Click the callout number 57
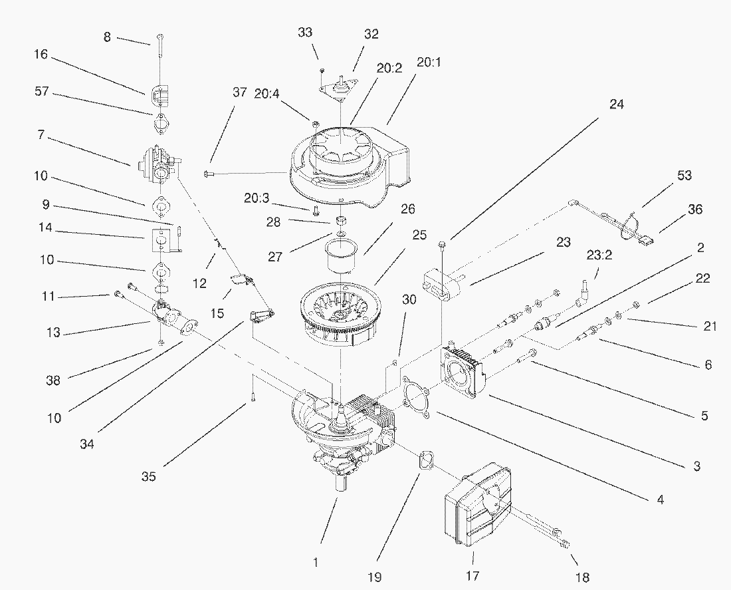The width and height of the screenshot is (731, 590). pyautogui.click(x=42, y=92)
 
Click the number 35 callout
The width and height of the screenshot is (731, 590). pyautogui.click(x=149, y=476)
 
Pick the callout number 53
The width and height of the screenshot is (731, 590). pyautogui.click(x=684, y=176)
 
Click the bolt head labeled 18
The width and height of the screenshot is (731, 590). pyautogui.click(x=566, y=545)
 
